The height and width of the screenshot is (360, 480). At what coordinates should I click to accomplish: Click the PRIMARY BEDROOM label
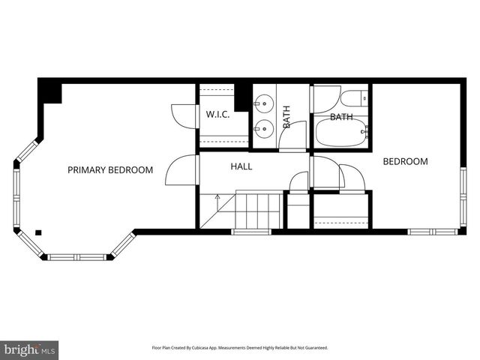tap(110, 170)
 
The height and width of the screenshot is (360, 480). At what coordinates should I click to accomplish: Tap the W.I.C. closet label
tap(217, 115)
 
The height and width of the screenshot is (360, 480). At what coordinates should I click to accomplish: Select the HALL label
tap(241, 166)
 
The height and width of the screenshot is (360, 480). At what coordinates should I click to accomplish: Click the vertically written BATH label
tap(286, 116)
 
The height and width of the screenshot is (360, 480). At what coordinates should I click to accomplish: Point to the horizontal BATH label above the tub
tap(341, 117)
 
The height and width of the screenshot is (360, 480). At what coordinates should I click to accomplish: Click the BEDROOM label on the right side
tap(406, 161)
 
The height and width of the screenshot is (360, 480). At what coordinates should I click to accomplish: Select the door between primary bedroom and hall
tap(178, 171)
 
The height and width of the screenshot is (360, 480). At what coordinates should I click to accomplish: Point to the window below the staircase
tap(250, 232)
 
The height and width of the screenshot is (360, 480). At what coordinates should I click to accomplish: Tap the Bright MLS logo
tap(30, 349)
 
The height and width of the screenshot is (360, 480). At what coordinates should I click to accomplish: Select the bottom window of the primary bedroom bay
tap(79, 257)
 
